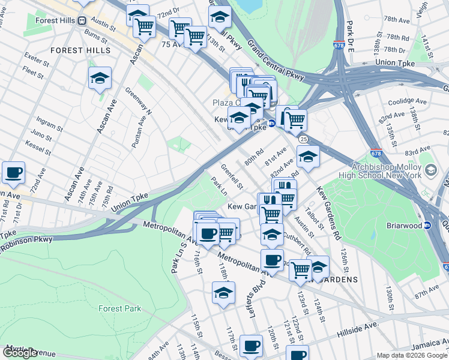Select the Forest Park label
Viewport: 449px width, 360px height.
point(120,308)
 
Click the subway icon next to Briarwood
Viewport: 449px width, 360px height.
point(427,226)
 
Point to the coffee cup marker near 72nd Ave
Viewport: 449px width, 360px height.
point(13,173)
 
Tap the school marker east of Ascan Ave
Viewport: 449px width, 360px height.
point(100,78)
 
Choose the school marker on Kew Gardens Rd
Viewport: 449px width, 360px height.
point(308,157)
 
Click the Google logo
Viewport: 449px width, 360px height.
point(20,353)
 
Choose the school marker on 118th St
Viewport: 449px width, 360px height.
point(223,294)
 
